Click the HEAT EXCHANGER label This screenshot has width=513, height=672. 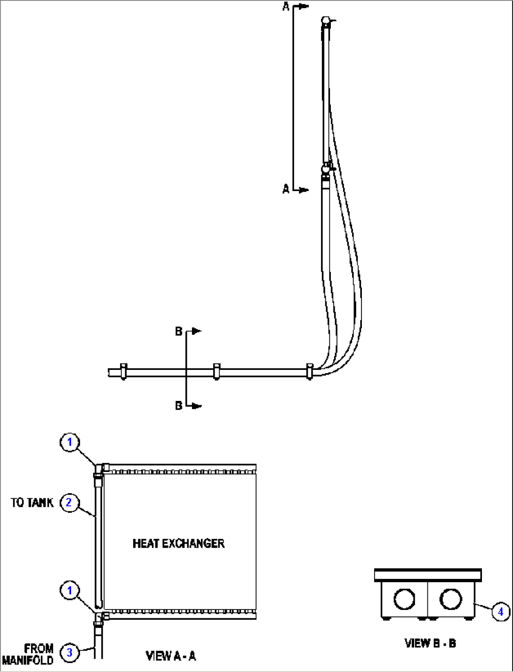[x=178, y=544]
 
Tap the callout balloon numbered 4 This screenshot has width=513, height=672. [x=501, y=612]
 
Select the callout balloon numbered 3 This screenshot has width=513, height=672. [x=70, y=652]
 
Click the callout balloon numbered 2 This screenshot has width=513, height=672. [x=69, y=503]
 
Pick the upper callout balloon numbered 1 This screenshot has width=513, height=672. [x=70, y=442]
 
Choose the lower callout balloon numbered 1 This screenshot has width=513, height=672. [x=70, y=590]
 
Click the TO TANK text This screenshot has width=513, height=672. [x=32, y=503]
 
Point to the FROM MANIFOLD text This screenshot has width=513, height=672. [x=28, y=654]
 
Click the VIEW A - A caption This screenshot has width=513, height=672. [x=170, y=656]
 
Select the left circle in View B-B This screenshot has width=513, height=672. [x=404, y=599]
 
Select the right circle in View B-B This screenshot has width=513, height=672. [x=450, y=599]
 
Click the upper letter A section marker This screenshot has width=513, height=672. [x=286, y=7]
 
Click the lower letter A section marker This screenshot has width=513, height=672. [x=286, y=189]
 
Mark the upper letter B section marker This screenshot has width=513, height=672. [x=179, y=331]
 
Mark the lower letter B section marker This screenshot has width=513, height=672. [x=179, y=406]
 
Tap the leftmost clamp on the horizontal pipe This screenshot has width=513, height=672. [x=124, y=372]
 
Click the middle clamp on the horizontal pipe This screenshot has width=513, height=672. [x=216, y=372]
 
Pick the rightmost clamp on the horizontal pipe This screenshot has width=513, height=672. [x=310, y=372]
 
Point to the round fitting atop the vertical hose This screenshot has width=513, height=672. [x=326, y=21]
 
